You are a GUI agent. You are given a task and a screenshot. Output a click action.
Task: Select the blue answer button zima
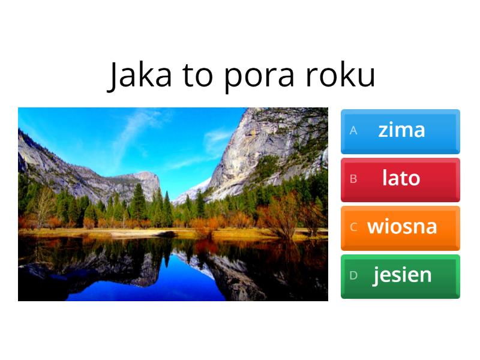(x=400, y=131)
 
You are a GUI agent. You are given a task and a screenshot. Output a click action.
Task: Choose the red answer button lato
(x=400, y=179)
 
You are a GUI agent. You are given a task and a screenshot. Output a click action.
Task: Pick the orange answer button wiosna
(x=400, y=228)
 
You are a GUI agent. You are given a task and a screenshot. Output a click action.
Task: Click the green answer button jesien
(x=400, y=276)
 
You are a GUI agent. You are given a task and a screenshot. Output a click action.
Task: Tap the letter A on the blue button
(x=353, y=130)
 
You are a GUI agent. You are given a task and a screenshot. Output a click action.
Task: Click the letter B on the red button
(x=353, y=179)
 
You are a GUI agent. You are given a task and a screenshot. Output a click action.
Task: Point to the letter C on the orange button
(x=353, y=227)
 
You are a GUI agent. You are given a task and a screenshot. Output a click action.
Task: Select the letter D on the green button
(x=353, y=275)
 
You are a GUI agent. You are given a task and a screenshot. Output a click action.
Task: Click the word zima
(x=401, y=130)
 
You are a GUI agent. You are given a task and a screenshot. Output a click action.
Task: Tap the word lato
(x=401, y=178)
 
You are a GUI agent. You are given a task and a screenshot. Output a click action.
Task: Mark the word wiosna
(x=402, y=227)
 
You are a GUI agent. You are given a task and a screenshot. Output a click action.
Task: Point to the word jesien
(x=402, y=275)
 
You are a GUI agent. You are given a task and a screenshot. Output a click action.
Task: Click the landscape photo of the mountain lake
(x=173, y=204)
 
